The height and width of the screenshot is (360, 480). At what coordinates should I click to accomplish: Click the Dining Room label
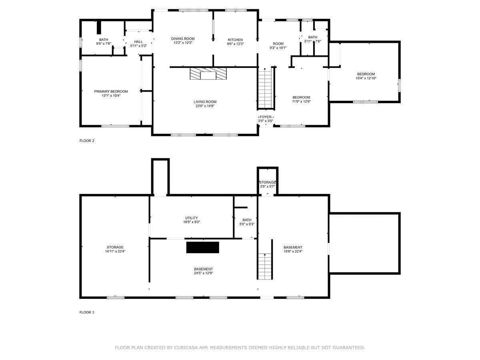point(183,39)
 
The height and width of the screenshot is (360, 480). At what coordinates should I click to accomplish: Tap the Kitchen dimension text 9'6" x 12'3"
point(235,44)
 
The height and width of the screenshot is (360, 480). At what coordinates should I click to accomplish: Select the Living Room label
point(205,102)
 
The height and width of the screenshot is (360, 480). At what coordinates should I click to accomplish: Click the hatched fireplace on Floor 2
point(208,74)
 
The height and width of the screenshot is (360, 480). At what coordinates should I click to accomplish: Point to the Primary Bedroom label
point(111,91)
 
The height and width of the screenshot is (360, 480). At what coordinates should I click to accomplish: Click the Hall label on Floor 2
point(138,42)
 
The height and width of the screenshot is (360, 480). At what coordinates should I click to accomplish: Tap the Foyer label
point(266,117)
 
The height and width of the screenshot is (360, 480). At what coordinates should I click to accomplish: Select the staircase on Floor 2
point(266,88)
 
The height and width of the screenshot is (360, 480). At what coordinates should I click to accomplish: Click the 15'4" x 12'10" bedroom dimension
point(366,78)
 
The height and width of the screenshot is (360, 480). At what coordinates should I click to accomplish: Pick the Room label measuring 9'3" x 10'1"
point(278,44)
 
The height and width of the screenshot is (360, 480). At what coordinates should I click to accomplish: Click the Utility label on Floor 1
point(191,218)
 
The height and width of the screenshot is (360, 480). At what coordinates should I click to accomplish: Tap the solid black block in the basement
point(202,248)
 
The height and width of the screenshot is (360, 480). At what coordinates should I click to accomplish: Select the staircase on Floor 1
point(265,266)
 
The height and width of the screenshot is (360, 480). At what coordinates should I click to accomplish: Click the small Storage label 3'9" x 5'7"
point(268,182)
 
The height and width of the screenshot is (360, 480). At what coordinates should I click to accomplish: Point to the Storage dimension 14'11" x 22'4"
point(115,251)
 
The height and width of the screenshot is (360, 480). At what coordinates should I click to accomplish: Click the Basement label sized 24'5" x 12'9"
point(203,269)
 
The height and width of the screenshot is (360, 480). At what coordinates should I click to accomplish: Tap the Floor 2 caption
point(87,141)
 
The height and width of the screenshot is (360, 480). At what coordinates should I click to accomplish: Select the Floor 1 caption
point(87,312)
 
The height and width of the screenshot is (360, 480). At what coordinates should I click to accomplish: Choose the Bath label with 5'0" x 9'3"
point(247,220)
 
